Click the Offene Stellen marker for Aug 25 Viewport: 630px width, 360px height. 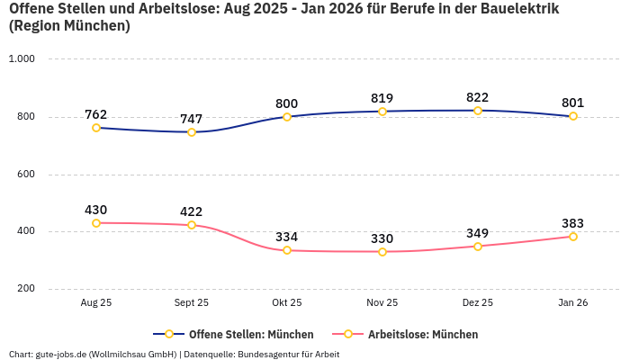pyautogui.click(x=96, y=128)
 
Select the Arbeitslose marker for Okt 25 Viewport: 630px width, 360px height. pyautogui.click(x=287, y=250)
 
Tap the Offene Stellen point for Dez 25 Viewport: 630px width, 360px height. pyautogui.click(x=478, y=111)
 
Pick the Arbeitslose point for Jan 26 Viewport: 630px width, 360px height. pyautogui.click(x=573, y=237)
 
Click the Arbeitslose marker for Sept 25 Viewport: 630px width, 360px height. pyautogui.click(x=192, y=225)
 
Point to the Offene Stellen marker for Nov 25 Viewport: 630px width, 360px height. pyautogui.click(x=382, y=112)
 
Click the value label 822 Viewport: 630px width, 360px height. pyautogui.click(x=478, y=97)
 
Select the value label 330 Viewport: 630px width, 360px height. pyautogui.click(x=382, y=238)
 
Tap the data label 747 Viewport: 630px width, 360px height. pyautogui.click(x=192, y=119)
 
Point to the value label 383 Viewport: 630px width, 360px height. pyautogui.click(x=573, y=223)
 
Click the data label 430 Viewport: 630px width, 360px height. pyautogui.click(x=96, y=210)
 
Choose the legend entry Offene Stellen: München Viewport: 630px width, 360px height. pyautogui.click(x=233, y=334)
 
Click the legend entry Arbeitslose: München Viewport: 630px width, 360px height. pyautogui.click(x=405, y=334)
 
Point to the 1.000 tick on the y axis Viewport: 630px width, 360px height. pyautogui.click(x=22, y=59)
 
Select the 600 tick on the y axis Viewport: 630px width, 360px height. pyautogui.click(x=25, y=174)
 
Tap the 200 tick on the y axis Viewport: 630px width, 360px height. pyautogui.click(x=25, y=289)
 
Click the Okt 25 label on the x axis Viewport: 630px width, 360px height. pyautogui.click(x=287, y=303)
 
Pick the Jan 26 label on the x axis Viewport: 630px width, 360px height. pyautogui.click(x=573, y=303)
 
